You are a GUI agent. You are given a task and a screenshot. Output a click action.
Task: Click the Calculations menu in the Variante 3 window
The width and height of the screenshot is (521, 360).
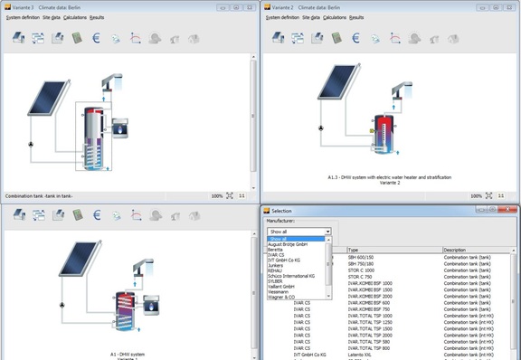pyautogui.click(x=76, y=17)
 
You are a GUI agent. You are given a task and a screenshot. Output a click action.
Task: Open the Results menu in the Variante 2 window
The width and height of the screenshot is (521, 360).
pyautogui.click(x=356, y=17)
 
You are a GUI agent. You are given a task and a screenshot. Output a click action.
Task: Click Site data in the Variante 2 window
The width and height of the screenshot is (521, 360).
pyautogui.click(x=311, y=17)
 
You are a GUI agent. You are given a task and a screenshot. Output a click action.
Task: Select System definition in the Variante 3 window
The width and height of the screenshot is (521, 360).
pyautogui.click(x=21, y=17)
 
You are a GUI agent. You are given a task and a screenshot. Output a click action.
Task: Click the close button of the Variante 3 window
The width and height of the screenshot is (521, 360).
pyautogui.click(x=251, y=6)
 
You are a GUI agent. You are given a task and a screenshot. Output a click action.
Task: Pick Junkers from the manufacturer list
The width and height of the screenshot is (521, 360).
pyautogui.click(x=275, y=266)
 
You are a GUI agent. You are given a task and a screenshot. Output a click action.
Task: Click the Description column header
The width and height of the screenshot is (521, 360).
pyautogui.click(x=455, y=251)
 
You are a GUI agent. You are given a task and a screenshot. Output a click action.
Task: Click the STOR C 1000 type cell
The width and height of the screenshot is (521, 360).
pyautogui.click(x=363, y=270)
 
